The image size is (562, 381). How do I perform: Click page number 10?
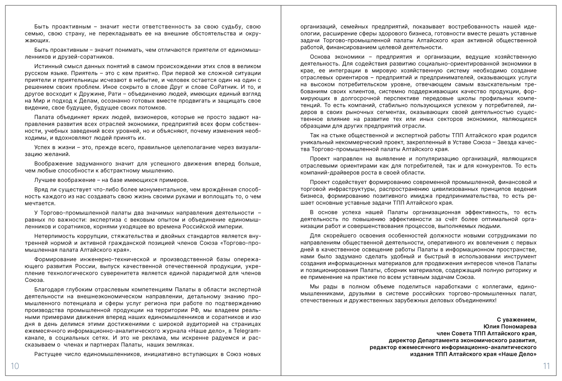coord(14,367)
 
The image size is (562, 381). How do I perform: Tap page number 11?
coord(546,367)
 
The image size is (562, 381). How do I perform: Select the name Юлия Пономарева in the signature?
coord(510,327)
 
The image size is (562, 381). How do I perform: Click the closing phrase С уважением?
coord(517,320)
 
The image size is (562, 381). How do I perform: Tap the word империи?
coord(233,227)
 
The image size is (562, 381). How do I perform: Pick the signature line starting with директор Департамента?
coord(462,340)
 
